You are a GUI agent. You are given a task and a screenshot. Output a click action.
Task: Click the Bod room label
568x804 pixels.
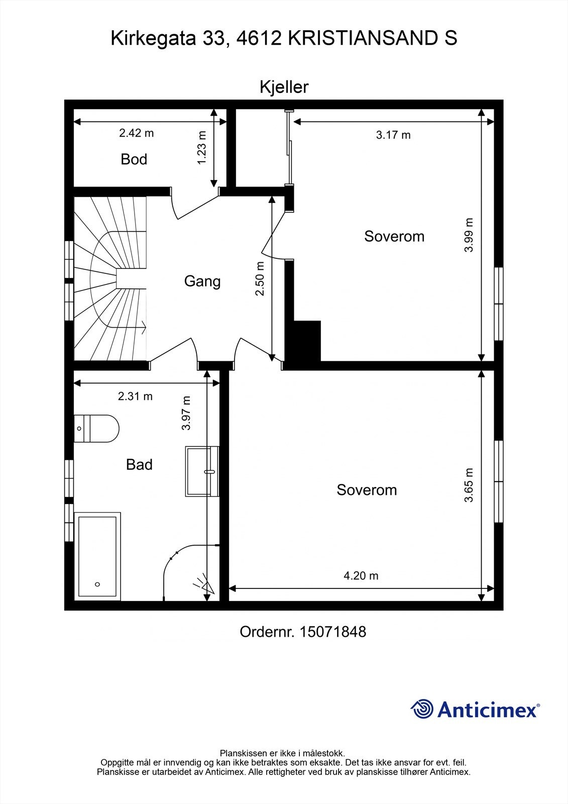pos(134,159)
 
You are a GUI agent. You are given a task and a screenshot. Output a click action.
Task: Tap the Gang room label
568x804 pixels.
pos(202,281)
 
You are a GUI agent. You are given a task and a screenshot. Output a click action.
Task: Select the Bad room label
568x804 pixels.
pos(139,464)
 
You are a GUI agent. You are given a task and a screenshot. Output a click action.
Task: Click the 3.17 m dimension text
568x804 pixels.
pos(393,135)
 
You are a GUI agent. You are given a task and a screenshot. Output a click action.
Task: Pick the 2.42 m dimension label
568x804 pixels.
pos(136,133)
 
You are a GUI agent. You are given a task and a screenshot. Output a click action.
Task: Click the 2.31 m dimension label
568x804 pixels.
pos(135,396)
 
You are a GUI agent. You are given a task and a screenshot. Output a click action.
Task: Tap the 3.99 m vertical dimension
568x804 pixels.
pos(469,235)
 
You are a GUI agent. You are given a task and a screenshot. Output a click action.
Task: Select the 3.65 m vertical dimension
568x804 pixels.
pos(469,485)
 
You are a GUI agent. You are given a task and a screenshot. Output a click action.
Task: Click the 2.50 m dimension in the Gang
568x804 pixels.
pos(260,278)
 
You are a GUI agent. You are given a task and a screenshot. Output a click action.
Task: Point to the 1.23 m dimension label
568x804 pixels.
pos(202,148)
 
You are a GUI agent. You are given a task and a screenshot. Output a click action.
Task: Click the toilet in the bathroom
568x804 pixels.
pos(96,429)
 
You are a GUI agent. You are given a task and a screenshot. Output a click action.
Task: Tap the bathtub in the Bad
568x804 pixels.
pos(97,556)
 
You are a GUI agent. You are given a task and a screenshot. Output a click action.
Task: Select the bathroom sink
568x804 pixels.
pos(202,471)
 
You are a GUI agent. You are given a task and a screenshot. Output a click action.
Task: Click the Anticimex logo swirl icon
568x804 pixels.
pos(422,709)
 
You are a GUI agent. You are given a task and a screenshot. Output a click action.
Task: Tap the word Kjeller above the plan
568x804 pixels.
pos(284,87)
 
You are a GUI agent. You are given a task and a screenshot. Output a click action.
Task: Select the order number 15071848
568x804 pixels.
pos(332,632)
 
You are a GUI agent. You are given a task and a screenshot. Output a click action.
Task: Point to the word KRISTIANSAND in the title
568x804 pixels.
pos(363,38)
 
